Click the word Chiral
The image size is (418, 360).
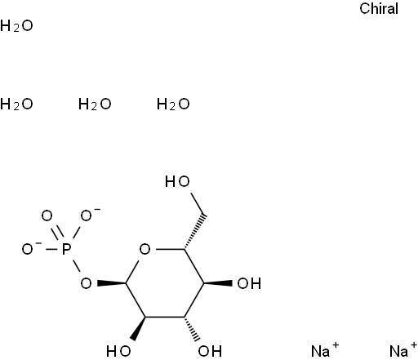coord(379,8)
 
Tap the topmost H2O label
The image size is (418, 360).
coord(16,26)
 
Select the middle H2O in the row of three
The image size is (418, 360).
coord(95,104)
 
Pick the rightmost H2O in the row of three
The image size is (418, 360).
coord(173,104)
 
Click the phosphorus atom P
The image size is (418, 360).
coord(66,249)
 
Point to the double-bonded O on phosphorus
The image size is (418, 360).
coord(47,216)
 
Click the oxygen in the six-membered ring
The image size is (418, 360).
coord(145,249)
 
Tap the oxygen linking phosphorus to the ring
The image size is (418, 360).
coord(86,283)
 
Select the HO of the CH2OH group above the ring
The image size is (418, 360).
coord(177,181)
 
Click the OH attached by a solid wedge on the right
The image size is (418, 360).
coord(249,283)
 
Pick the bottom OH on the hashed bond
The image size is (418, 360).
coord(210,351)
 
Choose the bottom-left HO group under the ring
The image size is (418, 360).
coord(118,351)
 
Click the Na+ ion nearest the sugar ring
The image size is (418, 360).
coord(325,350)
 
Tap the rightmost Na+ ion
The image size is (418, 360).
coord(403,350)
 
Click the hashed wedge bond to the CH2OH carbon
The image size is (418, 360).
coord(194,232)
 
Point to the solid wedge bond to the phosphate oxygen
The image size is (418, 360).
coord(112,283)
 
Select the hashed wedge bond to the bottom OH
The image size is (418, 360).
coord(192,329)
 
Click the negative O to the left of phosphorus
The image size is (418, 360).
coord(29,249)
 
